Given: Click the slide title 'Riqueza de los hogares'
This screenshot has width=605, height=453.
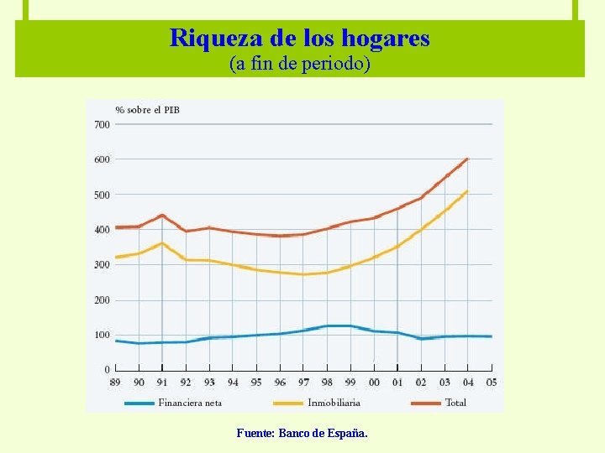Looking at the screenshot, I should point(299,38).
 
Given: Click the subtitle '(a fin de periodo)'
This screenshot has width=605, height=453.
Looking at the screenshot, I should point(299,64).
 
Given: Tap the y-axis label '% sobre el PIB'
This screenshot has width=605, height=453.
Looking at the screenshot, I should point(147,110).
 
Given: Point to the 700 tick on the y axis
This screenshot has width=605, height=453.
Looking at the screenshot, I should point(102,124).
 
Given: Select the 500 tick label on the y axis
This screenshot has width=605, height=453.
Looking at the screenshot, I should point(102,195).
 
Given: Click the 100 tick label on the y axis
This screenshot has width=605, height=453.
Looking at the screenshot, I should point(102,335).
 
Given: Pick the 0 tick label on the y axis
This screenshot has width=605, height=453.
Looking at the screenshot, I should point(107,369).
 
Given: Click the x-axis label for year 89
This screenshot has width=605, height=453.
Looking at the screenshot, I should point(116,383).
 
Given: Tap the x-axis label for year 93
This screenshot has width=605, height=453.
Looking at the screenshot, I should point(209,383).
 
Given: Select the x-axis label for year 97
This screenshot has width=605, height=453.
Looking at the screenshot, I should point(303,383).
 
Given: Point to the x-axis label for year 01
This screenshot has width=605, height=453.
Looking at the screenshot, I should point(397,383).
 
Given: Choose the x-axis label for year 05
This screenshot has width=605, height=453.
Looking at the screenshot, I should point(492,383).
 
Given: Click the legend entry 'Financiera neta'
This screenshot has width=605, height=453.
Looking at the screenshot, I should point(190,403).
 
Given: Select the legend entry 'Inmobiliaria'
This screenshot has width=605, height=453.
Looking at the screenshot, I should point(334,403).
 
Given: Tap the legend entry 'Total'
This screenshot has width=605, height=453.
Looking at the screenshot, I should point(455,403).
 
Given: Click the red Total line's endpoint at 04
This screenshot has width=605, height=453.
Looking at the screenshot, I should point(467,159).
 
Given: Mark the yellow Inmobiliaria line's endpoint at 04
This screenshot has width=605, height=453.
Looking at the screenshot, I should point(467,191).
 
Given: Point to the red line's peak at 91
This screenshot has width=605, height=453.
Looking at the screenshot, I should point(162,215).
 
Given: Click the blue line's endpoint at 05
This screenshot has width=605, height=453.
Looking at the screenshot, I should point(491,336).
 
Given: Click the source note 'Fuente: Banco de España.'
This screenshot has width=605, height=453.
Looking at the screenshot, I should point(302,434).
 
